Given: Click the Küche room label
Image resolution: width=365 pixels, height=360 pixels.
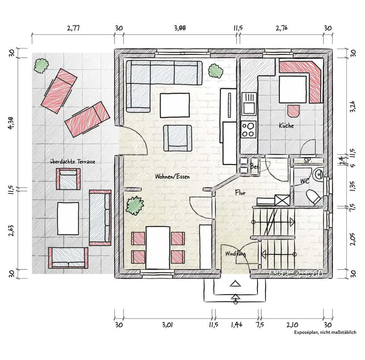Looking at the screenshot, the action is (286, 126).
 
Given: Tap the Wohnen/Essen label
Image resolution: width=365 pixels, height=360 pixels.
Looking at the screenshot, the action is (173, 176).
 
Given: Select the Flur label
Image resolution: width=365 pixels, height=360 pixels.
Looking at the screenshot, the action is (240, 192).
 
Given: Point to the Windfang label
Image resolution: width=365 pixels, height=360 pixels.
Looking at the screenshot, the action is (235, 254).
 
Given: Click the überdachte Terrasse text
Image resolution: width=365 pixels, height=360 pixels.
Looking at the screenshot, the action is (73, 162).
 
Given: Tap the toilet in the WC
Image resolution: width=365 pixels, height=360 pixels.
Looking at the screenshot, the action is (314, 198).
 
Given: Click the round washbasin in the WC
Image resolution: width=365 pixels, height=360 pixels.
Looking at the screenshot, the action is (318, 174).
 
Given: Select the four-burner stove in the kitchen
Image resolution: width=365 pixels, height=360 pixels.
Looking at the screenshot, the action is (248, 130).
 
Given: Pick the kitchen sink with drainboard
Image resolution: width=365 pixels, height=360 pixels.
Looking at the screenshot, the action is (249, 104).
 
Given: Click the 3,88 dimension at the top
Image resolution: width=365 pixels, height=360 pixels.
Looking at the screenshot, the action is (180, 28).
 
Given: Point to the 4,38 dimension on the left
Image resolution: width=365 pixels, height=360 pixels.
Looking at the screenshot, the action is (11, 123).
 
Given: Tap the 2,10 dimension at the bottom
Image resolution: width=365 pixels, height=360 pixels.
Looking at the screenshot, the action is (292, 325).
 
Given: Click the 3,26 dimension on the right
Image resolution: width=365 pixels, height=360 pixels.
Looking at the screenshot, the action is (353, 107).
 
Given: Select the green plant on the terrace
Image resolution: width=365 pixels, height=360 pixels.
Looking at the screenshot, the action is (41, 66).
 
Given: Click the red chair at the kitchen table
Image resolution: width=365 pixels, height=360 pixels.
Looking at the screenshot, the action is (293, 111).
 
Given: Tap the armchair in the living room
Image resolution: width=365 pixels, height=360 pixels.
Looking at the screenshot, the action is (178, 138).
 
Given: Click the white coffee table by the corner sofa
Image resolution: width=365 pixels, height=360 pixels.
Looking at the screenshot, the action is (174, 105).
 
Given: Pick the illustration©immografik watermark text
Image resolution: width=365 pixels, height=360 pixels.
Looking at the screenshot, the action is (296, 273).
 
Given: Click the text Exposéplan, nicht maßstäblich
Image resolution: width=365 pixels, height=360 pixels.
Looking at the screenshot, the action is (325, 332).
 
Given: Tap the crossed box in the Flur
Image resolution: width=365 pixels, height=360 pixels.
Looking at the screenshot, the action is (283, 200).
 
